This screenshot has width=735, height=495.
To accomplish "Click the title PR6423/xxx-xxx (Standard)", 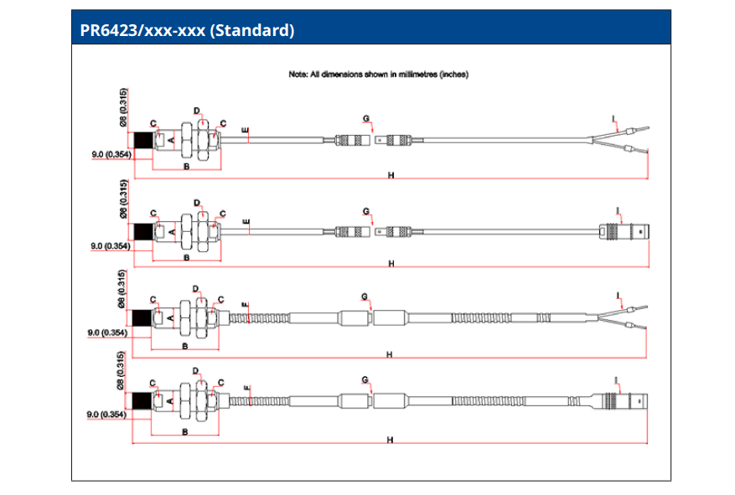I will tap(187, 32).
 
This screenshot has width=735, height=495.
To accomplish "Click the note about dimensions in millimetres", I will tap(377, 74).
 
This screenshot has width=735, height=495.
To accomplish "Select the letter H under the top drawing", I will tap(391, 174).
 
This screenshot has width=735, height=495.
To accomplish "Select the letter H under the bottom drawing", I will tap(391, 440).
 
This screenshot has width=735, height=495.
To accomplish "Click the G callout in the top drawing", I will tap(366, 117).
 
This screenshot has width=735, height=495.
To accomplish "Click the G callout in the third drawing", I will tap(365, 296).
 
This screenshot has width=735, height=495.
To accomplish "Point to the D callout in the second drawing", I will tap(197, 203).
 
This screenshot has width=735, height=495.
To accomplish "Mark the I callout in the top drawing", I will tap(614, 118).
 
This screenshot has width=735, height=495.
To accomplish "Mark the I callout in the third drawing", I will tap(618, 296).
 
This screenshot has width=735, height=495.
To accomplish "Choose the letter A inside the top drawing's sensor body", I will tap(172, 141).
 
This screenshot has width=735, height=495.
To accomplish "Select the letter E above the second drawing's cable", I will tap(246, 222).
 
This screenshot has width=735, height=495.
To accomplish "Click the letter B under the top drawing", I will tap(185, 168).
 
